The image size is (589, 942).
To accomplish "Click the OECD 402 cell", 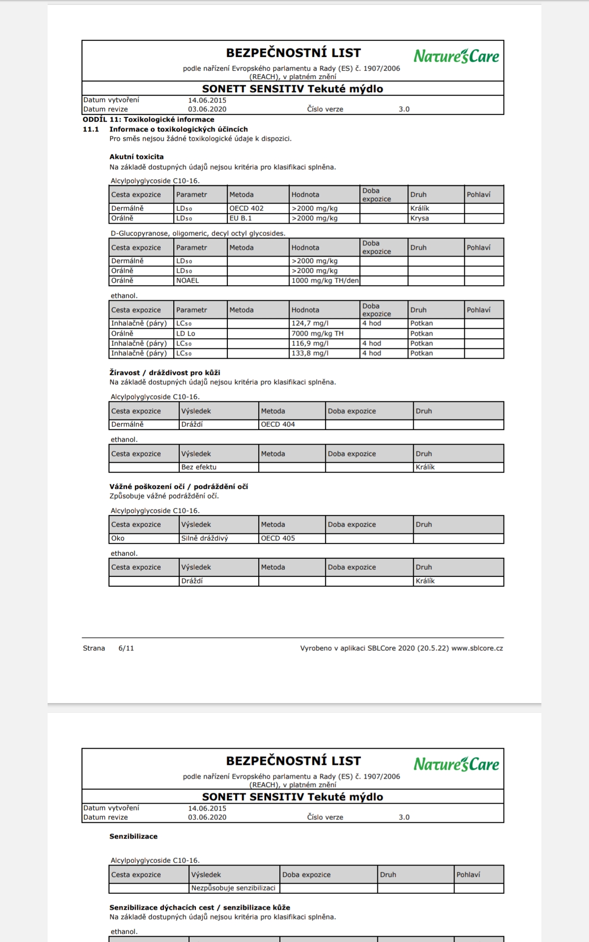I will tap(246, 209).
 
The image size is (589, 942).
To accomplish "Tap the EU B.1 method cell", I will tap(241, 218).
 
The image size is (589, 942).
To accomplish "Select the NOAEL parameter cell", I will tap(187, 281).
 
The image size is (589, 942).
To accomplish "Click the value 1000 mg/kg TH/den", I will tap(325, 281).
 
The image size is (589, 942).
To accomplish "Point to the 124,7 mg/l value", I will tap(310, 323).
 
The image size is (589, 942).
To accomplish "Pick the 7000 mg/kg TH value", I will tap(318, 334).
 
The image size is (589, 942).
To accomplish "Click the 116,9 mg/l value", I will tap(310, 343).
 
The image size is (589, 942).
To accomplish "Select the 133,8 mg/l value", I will tap(310, 353).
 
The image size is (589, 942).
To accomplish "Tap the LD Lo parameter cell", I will tap(186, 334).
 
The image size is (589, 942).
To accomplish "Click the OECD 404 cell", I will tap(278, 424).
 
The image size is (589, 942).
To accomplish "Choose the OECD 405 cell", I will tap(278, 538).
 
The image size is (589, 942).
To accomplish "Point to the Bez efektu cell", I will tap(199, 467).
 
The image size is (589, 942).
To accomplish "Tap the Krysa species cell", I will tap(420, 218).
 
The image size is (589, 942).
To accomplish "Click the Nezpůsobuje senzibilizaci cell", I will tap(233, 888).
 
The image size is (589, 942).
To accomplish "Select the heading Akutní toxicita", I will tap(136, 157).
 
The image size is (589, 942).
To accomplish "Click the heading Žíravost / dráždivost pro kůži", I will tap(165, 373).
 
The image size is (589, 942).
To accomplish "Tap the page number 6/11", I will tap(126, 648).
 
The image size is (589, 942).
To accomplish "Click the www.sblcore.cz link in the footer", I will tap(477, 648).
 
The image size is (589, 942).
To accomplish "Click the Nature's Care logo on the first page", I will tap(456, 56).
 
